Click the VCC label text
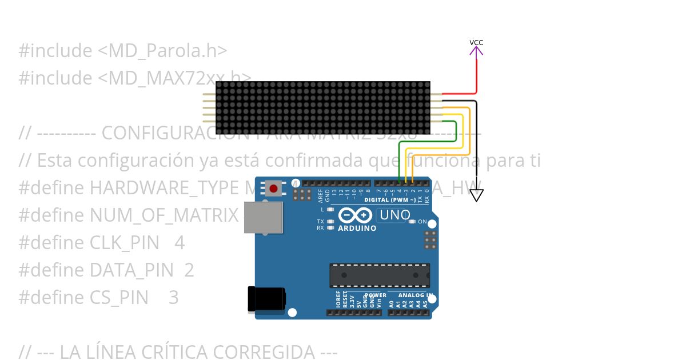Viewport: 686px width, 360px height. (x=476, y=42)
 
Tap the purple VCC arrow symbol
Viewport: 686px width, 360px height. (x=476, y=51)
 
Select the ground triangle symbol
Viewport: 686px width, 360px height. (x=476, y=195)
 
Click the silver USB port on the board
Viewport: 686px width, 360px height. (x=263, y=217)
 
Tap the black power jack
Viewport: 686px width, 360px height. (x=266, y=299)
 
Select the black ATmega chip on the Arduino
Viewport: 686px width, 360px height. (x=379, y=275)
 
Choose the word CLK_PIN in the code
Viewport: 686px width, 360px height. (x=125, y=243)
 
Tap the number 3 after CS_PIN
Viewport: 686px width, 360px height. (x=174, y=297)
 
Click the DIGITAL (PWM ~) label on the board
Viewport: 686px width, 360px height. (x=390, y=200)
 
